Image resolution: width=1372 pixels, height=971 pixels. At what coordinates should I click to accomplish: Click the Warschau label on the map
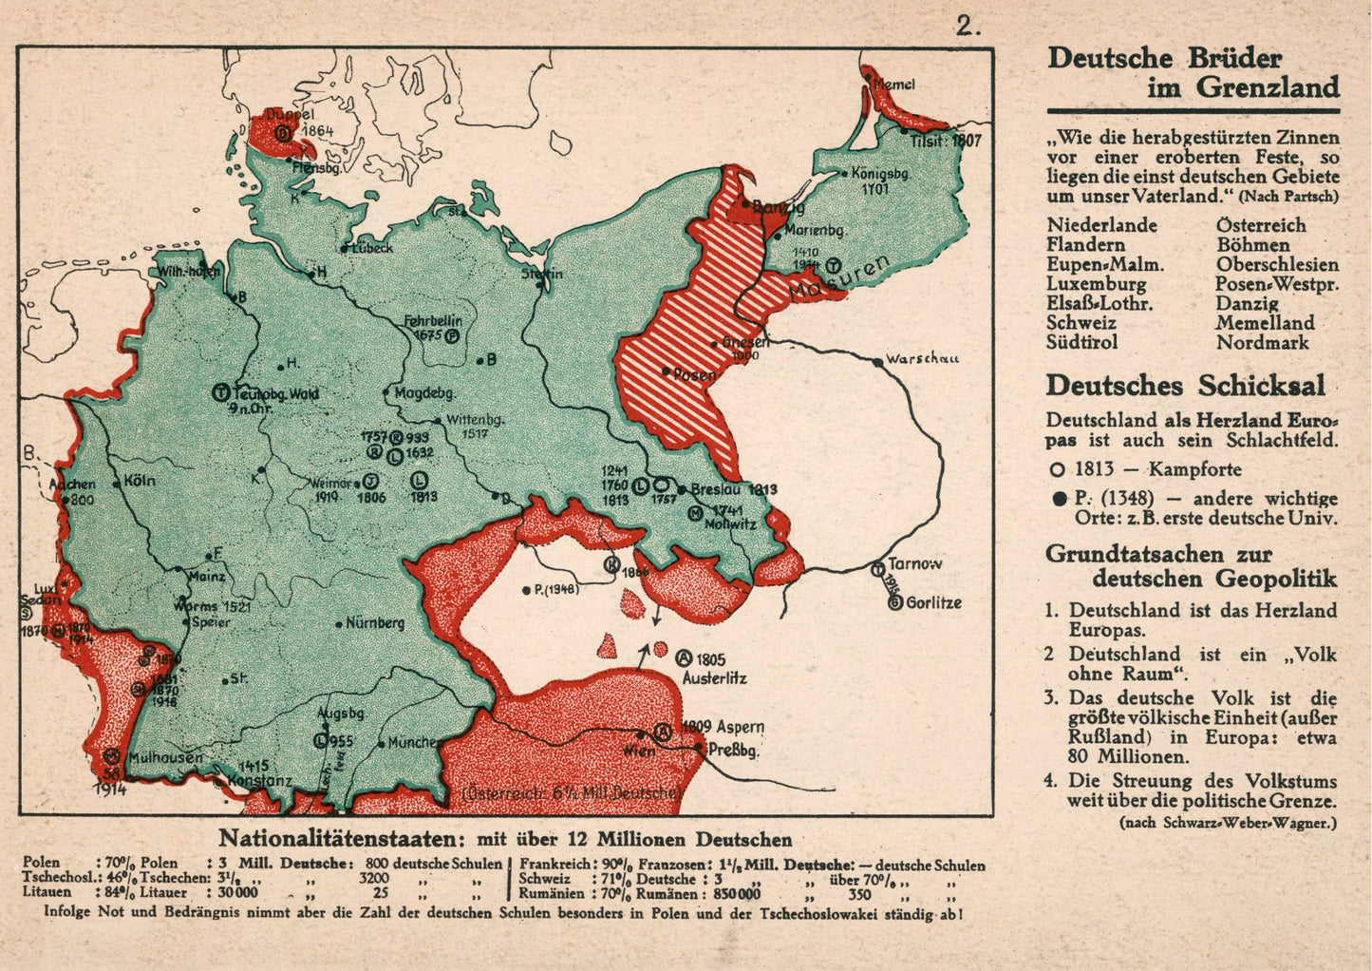click(921, 359)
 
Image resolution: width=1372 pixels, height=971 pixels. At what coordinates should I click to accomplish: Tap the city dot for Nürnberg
click(340, 624)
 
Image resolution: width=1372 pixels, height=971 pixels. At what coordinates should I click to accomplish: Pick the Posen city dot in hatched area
click(667, 371)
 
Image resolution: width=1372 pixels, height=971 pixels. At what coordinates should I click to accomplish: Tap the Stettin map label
click(541, 274)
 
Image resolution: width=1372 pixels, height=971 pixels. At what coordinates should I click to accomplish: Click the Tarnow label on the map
click(915, 563)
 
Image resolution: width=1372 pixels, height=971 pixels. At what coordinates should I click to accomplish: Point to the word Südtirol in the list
click(1082, 342)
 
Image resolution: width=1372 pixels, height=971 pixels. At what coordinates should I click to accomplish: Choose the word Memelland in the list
click(1265, 323)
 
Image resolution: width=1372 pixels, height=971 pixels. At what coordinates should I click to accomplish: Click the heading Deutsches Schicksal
click(1185, 386)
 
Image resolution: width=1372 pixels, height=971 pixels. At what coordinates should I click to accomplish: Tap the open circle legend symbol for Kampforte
click(1057, 469)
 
